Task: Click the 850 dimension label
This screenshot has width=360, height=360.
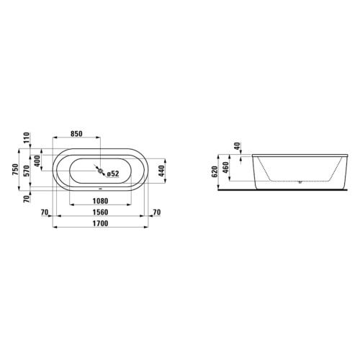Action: (x=76, y=134)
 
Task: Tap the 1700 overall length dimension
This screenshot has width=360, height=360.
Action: (x=100, y=223)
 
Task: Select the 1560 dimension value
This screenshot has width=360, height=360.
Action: (x=100, y=212)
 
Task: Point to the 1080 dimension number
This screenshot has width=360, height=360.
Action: (x=100, y=201)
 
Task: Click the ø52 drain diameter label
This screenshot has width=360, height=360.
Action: (x=113, y=174)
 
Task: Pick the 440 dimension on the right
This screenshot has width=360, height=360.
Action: (x=163, y=171)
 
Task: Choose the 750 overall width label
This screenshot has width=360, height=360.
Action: (x=16, y=169)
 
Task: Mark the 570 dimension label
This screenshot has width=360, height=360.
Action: (x=27, y=171)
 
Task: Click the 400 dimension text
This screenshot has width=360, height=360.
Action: (x=37, y=161)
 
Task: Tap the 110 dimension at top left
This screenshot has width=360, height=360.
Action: (x=27, y=138)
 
